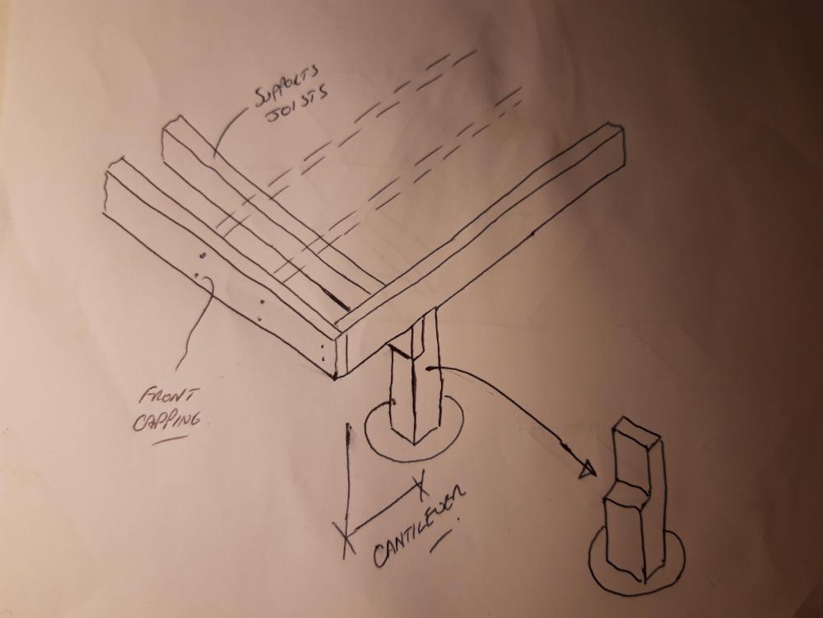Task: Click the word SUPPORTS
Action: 287,83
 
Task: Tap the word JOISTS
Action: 298,103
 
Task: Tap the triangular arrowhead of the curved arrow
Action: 587,470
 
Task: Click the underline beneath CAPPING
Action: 170,440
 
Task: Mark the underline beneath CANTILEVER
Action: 440,541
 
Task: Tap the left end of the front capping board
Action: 113,185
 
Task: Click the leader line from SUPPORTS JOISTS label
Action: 228,129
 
